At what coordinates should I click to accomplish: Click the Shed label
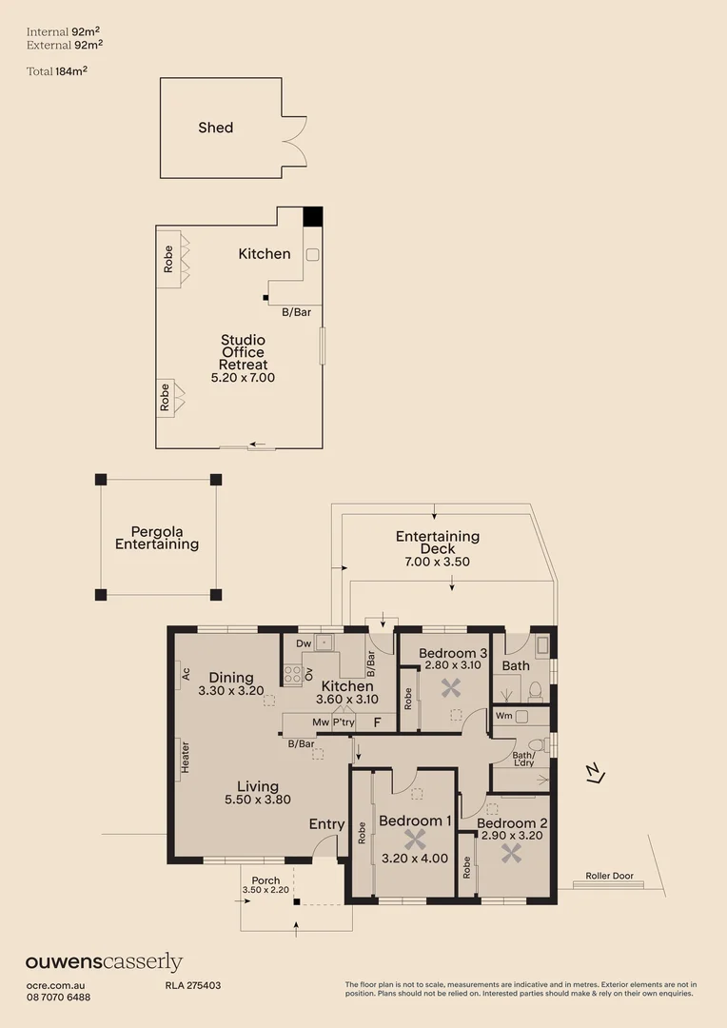(x=215, y=128)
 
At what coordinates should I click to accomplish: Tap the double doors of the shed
(x=295, y=140)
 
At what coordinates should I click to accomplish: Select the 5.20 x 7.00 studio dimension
(x=243, y=378)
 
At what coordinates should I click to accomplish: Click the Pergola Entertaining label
(x=157, y=539)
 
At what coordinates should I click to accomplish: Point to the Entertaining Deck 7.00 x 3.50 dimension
(x=437, y=562)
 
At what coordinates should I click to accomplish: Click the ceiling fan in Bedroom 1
(x=414, y=840)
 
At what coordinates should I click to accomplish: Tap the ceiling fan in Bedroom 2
(x=512, y=852)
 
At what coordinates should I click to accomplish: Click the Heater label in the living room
(x=186, y=757)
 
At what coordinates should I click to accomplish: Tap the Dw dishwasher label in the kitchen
(x=304, y=644)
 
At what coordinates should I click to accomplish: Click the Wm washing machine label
(x=504, y=715)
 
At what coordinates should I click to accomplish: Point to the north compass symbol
(x=595, y=775)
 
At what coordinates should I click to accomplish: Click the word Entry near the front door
(x=327, y=824)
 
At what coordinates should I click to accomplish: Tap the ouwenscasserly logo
(x=104, y=962)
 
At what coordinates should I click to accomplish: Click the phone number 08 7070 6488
(x=58, y=997)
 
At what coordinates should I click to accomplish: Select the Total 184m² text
(x=64, y=69)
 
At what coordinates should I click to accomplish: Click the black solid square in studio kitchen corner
(x=313, y=216)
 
